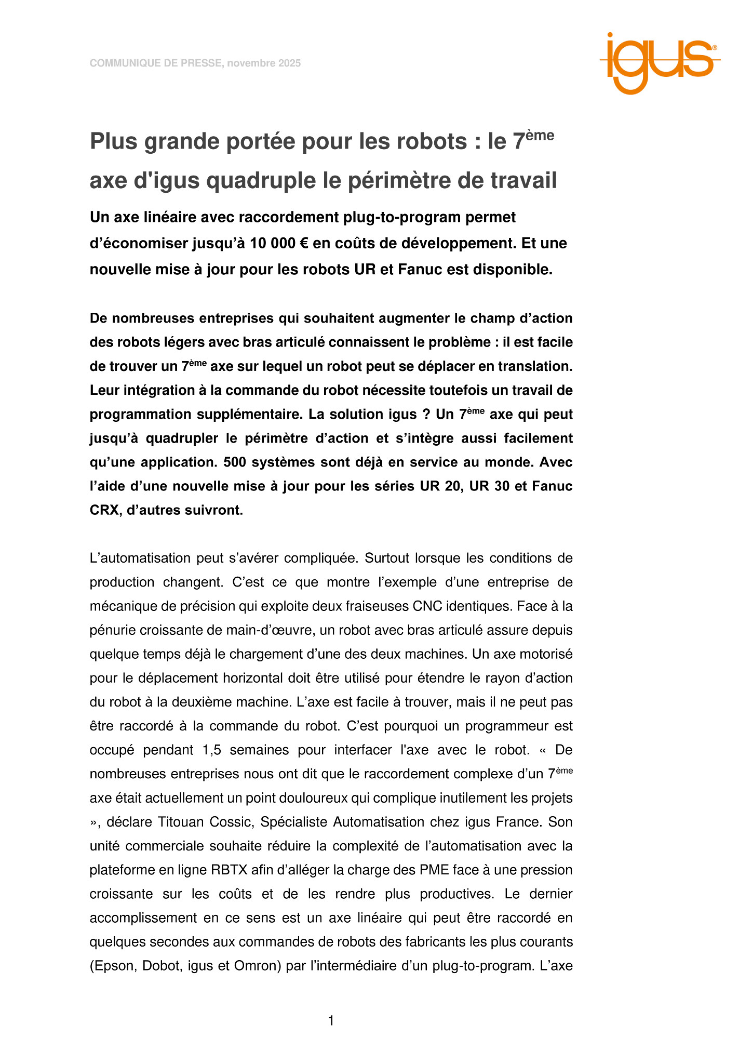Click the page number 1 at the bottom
[x=331, y=1021]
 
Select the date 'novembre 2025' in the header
[x=264, y=63]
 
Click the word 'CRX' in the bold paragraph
[x=104, y=510]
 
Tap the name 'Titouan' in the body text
[x=181, y=822]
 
